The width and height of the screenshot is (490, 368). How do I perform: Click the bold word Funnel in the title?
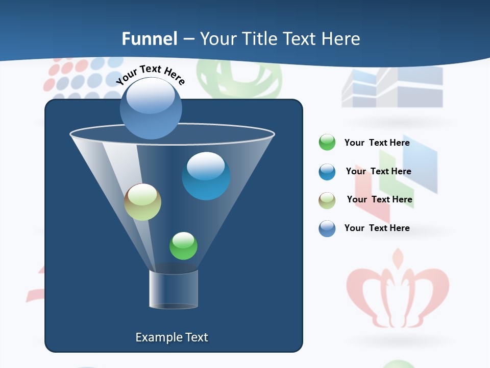coord(149,39)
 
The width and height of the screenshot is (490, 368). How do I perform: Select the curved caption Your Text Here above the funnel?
coord(151,75)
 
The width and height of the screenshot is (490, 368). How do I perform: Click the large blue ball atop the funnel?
coord(151,108)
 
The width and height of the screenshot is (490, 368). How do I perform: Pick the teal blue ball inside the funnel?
coord(206,176)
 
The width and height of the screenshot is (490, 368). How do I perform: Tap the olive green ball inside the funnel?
coord(143,202)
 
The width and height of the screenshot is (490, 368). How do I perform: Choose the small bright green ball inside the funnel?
coord(183,246)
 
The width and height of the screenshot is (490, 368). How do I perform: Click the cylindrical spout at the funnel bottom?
coord(174,289)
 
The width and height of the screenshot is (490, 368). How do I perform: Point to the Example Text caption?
coord(171,337)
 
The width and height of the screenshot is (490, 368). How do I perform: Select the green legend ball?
coord(327,143)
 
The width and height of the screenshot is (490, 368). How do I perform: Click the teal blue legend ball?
coord(327,172)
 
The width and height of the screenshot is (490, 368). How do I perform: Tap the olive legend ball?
coord(327,200)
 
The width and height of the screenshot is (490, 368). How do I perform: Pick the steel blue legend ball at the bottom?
coord(327,228)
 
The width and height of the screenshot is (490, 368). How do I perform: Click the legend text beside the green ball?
coord(377,143)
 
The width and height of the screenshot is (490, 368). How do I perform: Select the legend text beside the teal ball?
coord(378,172)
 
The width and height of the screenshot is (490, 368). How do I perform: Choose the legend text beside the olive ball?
coord(379,200)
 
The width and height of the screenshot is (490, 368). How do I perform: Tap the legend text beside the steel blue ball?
coord(377,228)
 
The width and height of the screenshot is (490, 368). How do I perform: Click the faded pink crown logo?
coord(398,291)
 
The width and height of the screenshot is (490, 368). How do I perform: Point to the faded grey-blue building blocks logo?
coord(392,87)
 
